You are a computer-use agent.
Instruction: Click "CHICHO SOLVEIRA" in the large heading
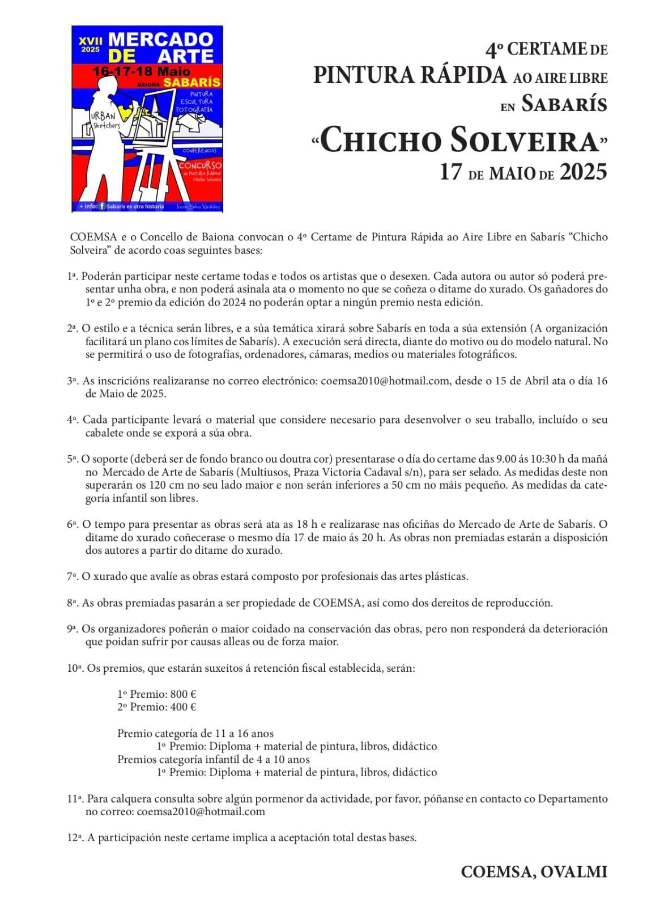[x=459, y=142]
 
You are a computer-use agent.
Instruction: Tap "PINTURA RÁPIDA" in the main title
[x=409, y=75]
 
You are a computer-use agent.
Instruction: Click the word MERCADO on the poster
[x=160, y=40]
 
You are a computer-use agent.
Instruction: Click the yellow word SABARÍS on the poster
[x=191, y=83]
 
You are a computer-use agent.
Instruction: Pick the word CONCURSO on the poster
[x=200, y=165]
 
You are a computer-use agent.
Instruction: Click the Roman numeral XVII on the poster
[x=90, y=41]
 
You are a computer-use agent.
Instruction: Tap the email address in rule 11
[x=201, y=811]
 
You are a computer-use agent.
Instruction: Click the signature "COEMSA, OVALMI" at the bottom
[x=534, y=872]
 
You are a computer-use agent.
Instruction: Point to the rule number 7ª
[x=72, y=577]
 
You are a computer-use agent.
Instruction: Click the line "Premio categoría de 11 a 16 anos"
[x=195, y=733]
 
